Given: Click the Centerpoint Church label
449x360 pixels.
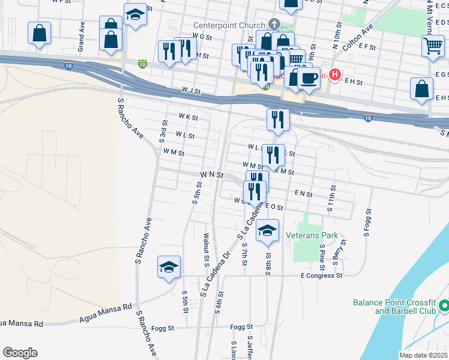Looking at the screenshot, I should [229, 25].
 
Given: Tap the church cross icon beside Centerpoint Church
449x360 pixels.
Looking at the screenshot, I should [274, 25].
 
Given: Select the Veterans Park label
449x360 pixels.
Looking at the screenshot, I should [312, 236].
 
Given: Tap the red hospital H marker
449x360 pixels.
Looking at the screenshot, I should [335, 76].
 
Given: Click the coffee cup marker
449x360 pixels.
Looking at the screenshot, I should [309, 79].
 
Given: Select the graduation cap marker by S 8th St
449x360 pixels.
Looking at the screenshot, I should [267, 231].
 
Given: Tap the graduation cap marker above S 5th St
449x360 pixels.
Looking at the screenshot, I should [169, 267].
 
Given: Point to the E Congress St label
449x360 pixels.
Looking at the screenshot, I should [321, 276].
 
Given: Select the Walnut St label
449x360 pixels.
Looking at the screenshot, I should [206, 250].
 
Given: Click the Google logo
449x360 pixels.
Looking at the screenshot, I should [20, 353].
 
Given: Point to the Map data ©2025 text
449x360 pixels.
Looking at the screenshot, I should [423, 355].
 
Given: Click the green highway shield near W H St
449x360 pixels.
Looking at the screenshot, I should [142, 62].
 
